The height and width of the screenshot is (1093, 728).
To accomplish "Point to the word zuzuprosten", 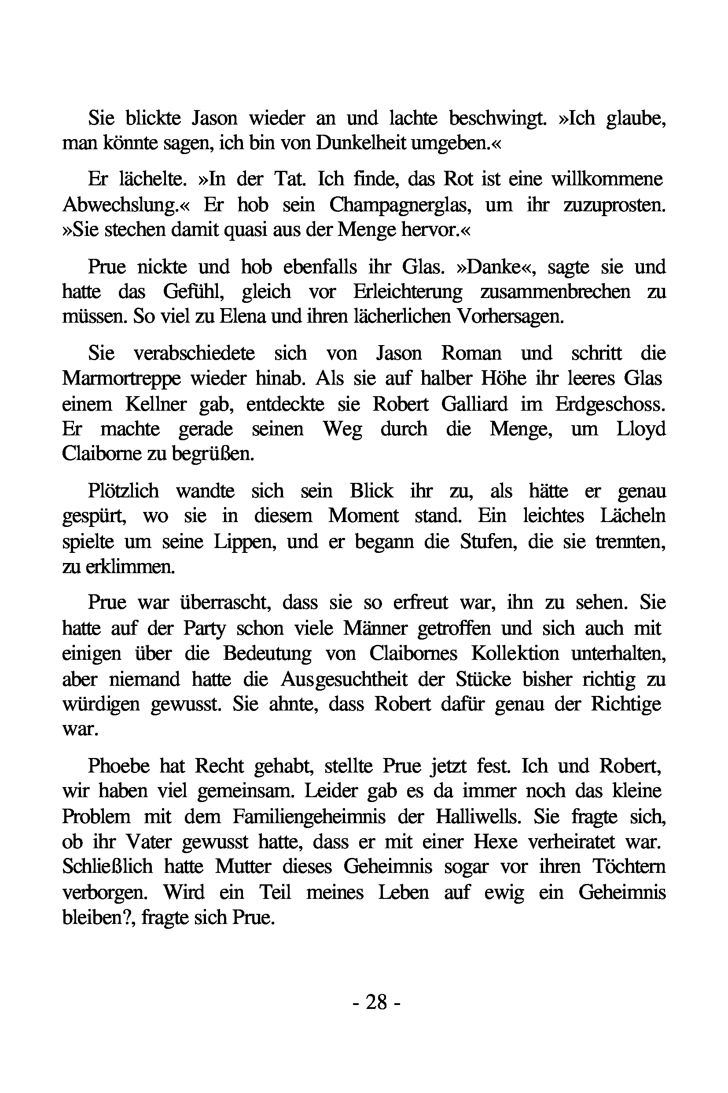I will pos(614,205).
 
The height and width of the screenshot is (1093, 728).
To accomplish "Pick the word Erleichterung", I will pos(408,291).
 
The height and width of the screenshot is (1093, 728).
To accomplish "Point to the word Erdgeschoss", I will pos(610,404).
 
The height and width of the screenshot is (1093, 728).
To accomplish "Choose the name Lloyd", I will pos(641,429).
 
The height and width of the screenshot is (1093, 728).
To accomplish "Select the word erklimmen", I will pos(130,567).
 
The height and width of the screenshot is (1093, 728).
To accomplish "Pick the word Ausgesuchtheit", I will pos(344,679).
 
